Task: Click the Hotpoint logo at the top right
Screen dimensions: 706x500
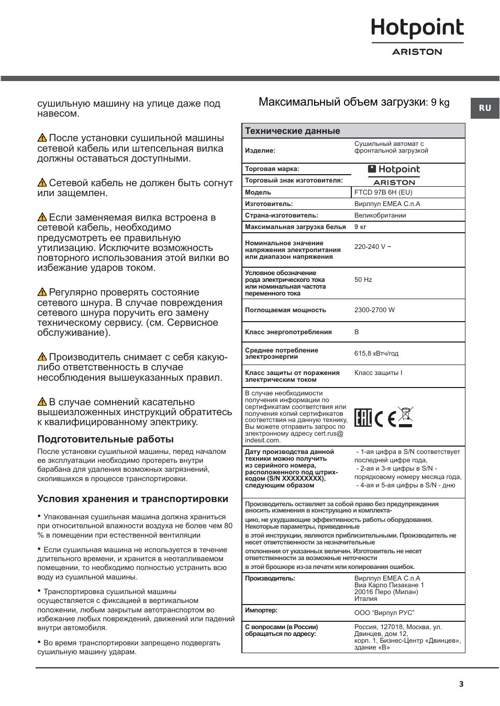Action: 417,29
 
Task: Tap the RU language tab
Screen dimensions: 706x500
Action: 485,108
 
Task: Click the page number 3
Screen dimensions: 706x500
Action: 461,684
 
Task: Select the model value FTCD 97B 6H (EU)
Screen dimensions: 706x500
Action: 383,192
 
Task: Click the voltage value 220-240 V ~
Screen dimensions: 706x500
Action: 372,247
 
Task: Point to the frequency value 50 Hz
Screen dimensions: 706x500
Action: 363,280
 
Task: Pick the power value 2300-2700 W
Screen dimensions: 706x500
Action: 374,310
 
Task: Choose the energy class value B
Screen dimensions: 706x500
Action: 357,332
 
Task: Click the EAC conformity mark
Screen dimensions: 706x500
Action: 363,417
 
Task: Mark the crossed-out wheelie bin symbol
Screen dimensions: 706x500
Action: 405,416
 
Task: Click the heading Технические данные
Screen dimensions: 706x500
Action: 293,131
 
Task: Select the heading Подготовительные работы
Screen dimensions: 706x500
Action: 105,439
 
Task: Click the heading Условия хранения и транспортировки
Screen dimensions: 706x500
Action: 132,499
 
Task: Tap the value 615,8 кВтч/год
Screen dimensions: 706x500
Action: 376,354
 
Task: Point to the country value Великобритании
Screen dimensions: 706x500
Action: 380,215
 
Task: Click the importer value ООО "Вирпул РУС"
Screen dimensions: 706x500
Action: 384,613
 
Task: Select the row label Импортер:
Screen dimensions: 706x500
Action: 261,610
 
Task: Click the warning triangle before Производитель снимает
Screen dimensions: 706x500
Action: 42,357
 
